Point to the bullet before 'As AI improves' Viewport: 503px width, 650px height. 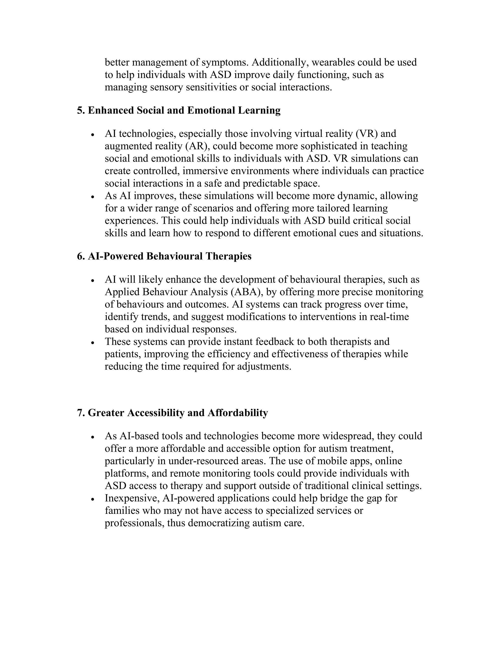[93, 197]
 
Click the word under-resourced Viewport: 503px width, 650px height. [217, 461]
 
